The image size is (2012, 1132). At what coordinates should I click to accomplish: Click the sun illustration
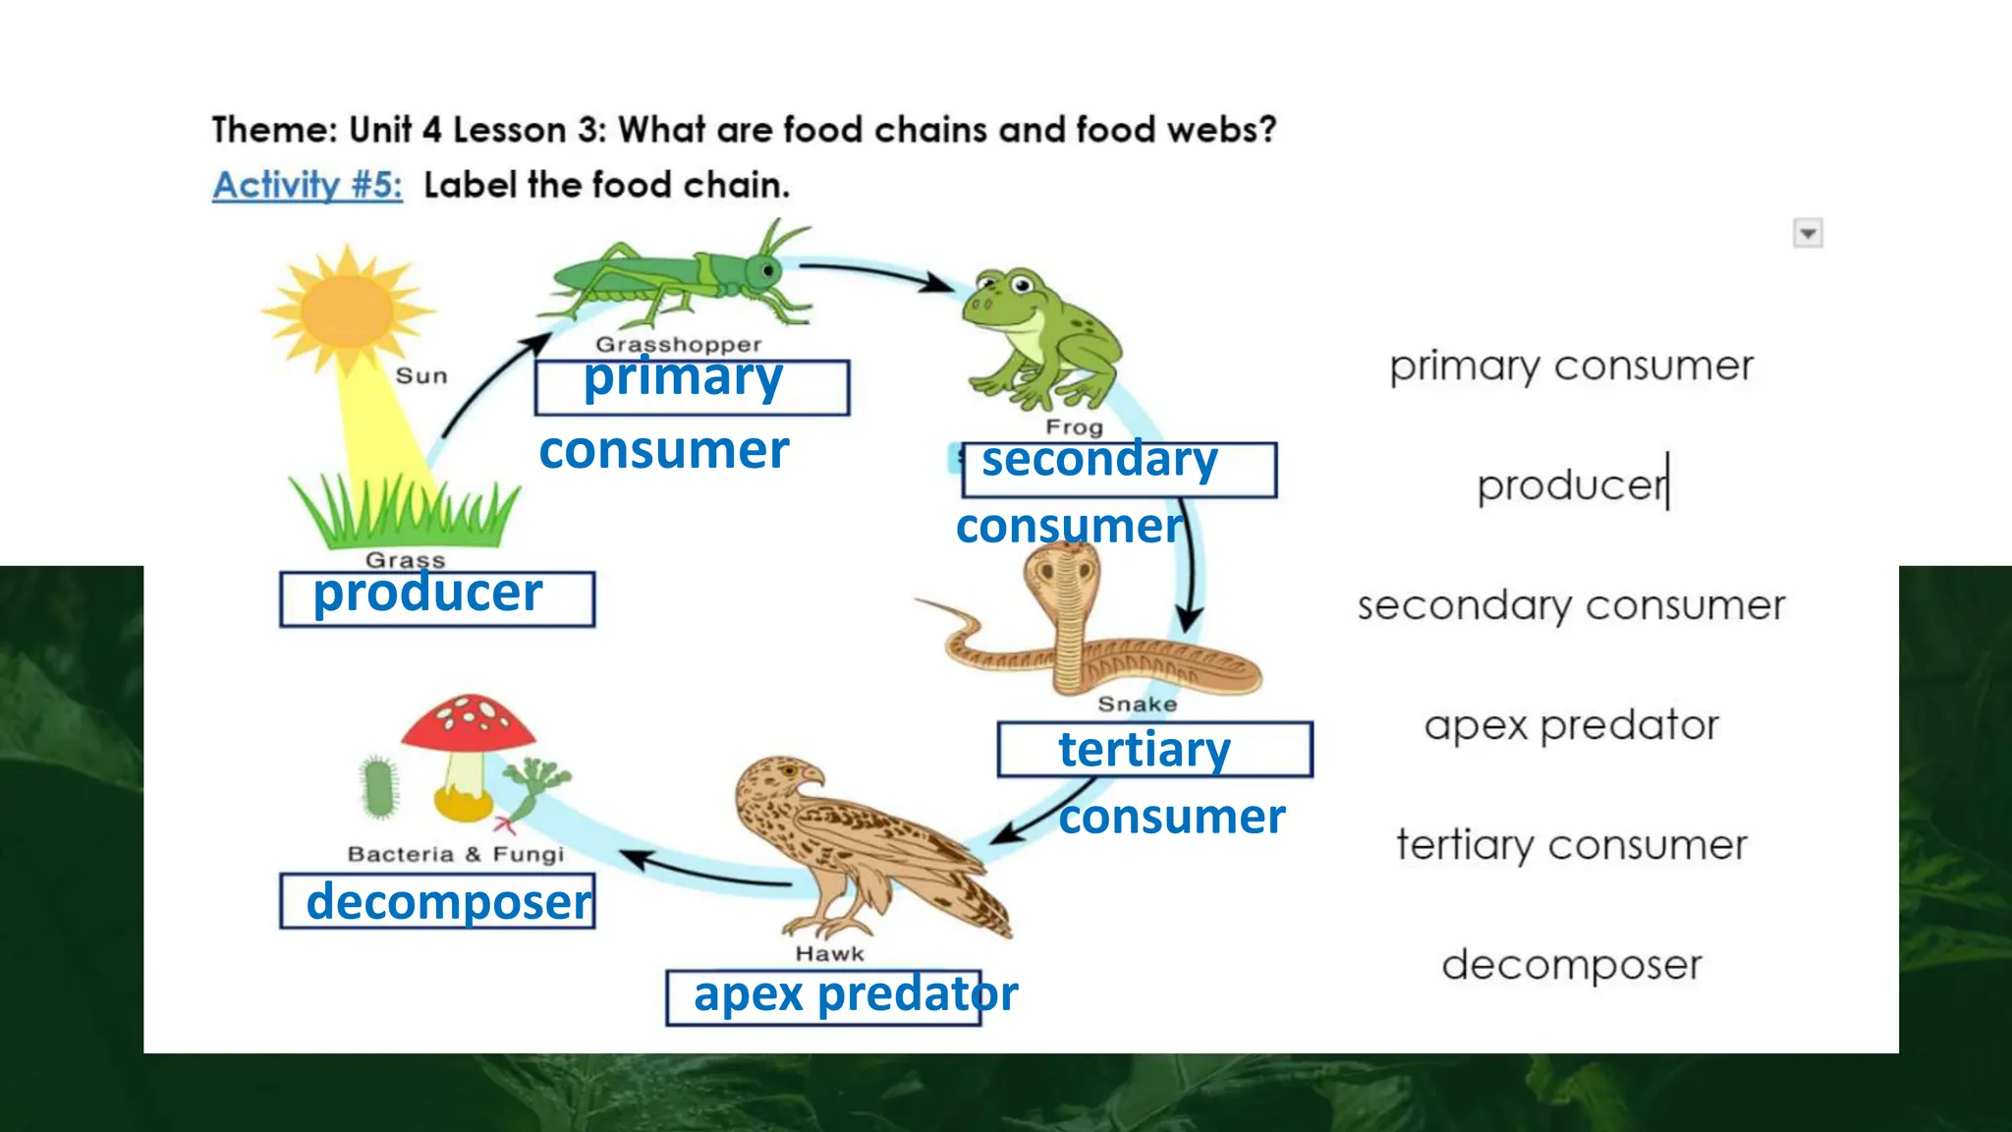point(347,310)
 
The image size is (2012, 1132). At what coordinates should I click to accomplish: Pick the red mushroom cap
point(469,723)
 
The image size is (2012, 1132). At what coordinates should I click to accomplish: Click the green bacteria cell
point(379,786)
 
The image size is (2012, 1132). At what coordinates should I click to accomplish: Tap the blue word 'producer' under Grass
point(427,594)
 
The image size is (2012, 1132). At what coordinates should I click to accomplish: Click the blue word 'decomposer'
point(449,902)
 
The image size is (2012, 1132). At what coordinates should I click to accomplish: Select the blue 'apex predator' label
point(855,994)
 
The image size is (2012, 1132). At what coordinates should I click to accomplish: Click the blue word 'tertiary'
point(1145,750)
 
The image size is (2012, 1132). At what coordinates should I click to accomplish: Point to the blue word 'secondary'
point(1099,460)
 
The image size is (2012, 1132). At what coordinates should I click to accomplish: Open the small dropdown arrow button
point(1808,234)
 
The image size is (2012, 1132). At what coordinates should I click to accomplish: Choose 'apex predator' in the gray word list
point(1571,725)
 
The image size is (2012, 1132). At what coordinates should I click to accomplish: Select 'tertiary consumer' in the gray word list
point(1571,845)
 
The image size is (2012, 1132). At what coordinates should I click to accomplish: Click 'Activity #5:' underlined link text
point(307,185)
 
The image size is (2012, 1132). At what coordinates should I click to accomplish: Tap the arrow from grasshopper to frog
point(874,273)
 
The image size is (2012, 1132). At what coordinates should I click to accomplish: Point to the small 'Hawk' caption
point(829,954)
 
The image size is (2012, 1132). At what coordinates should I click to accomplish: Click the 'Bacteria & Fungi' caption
point(456,854)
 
